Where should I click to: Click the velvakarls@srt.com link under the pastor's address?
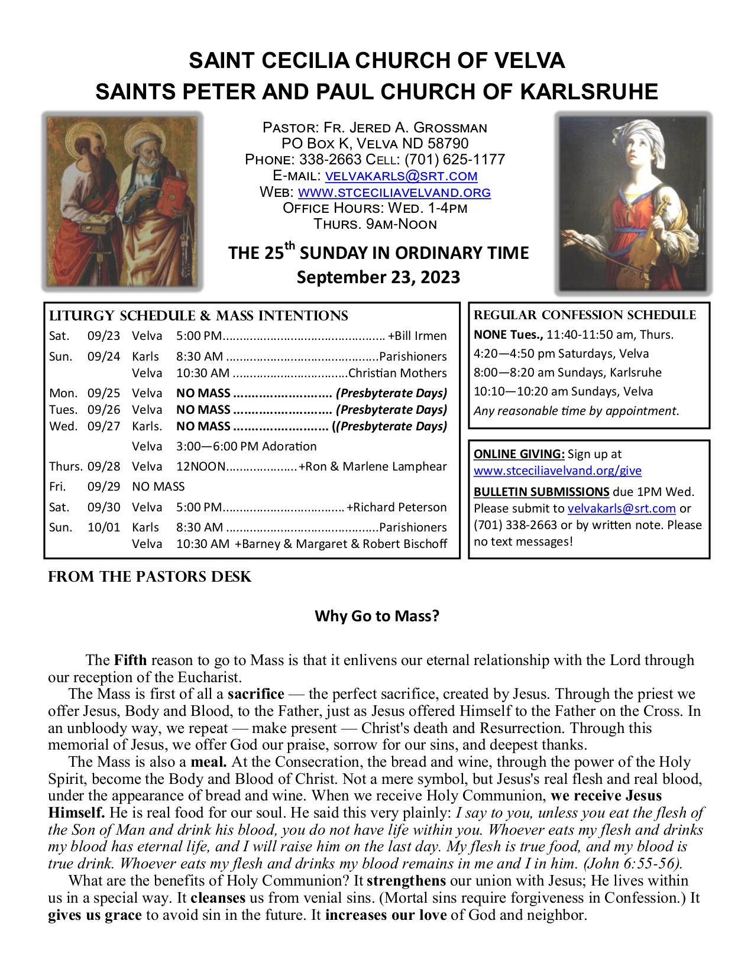coord(402,176)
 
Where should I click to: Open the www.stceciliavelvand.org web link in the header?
coord(394,192)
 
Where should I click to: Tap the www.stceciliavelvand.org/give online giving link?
coord(558,471)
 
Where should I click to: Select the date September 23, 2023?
coord(378,277)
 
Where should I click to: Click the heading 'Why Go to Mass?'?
coord(377,617)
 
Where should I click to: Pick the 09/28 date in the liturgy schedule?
coord(103,466)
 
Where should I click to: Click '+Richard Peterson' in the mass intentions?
coord(397,507)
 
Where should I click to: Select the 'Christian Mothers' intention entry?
coord(398,373)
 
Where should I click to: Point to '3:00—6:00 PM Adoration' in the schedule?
coord(246,446)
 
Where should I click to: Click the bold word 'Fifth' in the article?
coord(130,660)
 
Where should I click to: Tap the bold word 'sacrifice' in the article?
coord(255,694)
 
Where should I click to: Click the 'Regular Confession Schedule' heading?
coord(585,315)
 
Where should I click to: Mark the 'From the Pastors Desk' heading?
coord(150,577)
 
